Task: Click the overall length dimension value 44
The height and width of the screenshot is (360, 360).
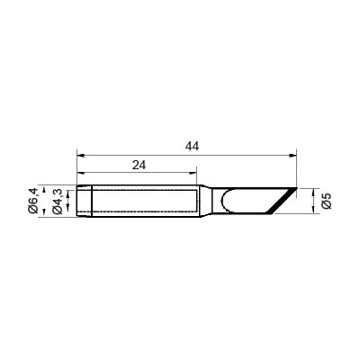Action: click(192, 146)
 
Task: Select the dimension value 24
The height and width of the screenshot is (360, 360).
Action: click(139, 165)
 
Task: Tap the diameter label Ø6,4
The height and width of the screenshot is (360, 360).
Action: click(33, 200)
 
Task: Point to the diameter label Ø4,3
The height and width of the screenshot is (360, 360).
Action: click(57, 202)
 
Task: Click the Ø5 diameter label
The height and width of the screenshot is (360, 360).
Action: click(326, 201)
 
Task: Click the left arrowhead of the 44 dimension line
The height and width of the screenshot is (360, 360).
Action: click(80, 156)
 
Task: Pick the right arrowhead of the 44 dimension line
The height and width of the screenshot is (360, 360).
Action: click(293, 156)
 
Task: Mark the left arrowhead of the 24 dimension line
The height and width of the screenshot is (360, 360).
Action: click(80, 173)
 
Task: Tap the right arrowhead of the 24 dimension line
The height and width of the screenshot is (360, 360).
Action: click(193, 173)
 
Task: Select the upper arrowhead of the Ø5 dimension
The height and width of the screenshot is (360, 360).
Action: click(313, 192)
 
